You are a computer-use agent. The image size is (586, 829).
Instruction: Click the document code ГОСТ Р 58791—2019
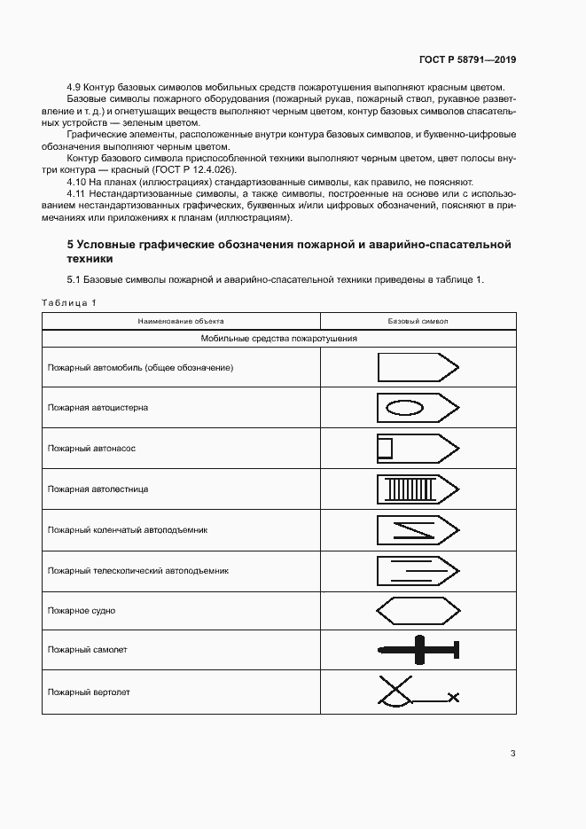click(466, 60)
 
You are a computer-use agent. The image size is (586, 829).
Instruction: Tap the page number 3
click(512, 754)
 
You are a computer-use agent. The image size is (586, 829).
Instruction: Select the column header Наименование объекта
click(180, 321)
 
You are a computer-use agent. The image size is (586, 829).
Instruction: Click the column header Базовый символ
click(418, 321)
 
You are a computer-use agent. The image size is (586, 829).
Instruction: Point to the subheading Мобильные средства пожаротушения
click(278, 338)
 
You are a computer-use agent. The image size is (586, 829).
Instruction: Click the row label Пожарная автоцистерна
click(98, 408)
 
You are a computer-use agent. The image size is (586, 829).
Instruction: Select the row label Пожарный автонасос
click(91, 449)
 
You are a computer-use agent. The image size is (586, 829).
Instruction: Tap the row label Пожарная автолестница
click(98, 489)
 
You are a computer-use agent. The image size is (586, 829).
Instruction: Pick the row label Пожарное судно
click(82, 611)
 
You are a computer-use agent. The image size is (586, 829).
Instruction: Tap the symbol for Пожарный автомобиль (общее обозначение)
click(418, 367)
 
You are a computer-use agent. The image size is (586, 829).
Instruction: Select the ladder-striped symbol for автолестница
click(418, 489)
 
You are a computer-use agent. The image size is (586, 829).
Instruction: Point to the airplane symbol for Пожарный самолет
click(418, 651)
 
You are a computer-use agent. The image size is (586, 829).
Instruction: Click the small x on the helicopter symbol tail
click(455, 698)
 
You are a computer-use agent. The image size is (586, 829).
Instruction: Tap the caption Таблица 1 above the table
click(69, 303)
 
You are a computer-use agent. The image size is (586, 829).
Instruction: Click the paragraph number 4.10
click(77, 180)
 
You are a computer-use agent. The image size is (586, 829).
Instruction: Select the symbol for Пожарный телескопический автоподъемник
click(418, 570)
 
